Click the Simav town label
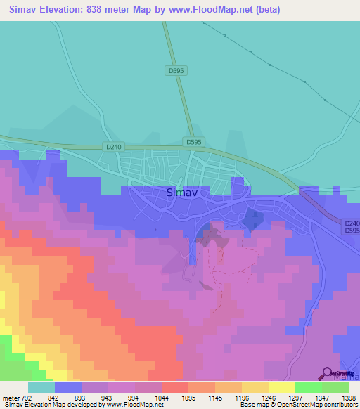point(181,192)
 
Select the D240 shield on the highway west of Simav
point(113,146)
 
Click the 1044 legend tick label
point(161,398)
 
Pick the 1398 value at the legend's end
point(349,398)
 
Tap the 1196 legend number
point(241,398)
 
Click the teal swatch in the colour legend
point(41,387)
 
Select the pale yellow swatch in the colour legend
point(281,387)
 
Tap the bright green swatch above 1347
point(308,387)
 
